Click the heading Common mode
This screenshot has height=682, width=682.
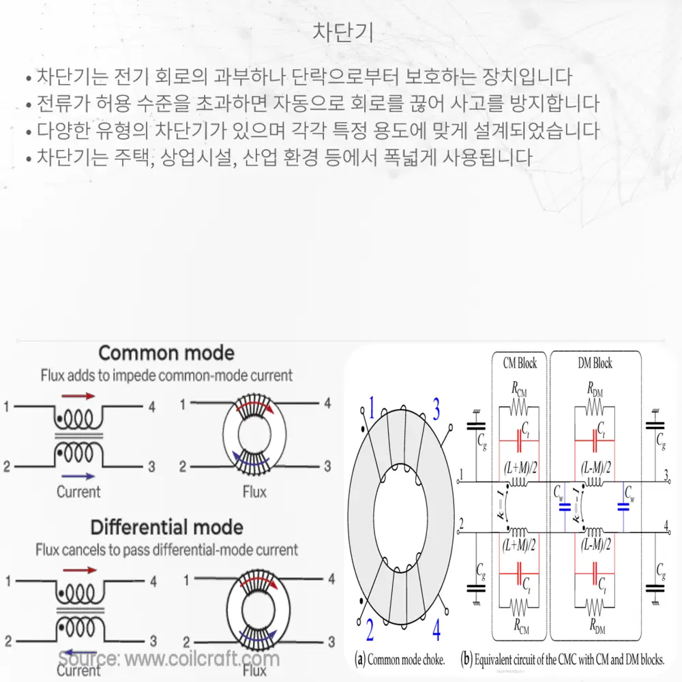pyautogui.click(x=166, y=353)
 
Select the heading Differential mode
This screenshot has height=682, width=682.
pyautogui.click(x=166, y=527)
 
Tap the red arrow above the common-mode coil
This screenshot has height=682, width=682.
pyautogui.click(x=78, y=396)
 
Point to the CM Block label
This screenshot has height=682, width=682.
pyautogui.click(x=520, y=364)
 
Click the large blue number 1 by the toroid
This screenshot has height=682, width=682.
pyautogui.click(x=372, y=409)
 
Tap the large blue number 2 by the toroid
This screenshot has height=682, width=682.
pyautogui.click(x=369, y=629)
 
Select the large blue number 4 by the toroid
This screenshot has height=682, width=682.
pyautogui.click(x=436, y=628)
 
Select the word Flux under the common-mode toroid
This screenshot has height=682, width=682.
pyautogui.click(x=254, y=491)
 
